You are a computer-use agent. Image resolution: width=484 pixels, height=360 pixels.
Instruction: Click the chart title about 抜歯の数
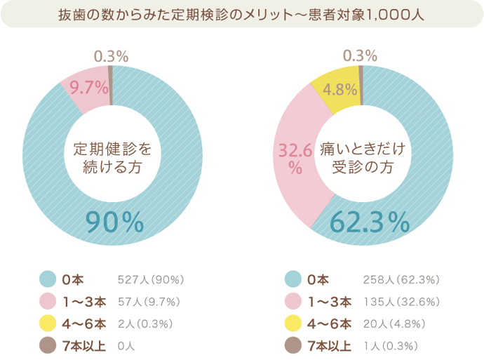242,13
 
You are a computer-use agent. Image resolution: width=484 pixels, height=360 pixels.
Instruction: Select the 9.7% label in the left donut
89,88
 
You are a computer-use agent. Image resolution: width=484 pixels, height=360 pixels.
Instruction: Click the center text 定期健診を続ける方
112,158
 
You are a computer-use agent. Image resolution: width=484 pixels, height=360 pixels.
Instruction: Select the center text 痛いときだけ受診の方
362,158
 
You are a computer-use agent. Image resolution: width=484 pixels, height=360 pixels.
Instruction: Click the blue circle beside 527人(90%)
48,280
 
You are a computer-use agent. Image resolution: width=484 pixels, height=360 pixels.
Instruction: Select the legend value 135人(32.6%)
401,302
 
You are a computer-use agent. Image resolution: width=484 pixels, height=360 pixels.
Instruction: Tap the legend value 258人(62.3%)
401,280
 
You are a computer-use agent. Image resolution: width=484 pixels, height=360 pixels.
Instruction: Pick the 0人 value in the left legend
127,345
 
